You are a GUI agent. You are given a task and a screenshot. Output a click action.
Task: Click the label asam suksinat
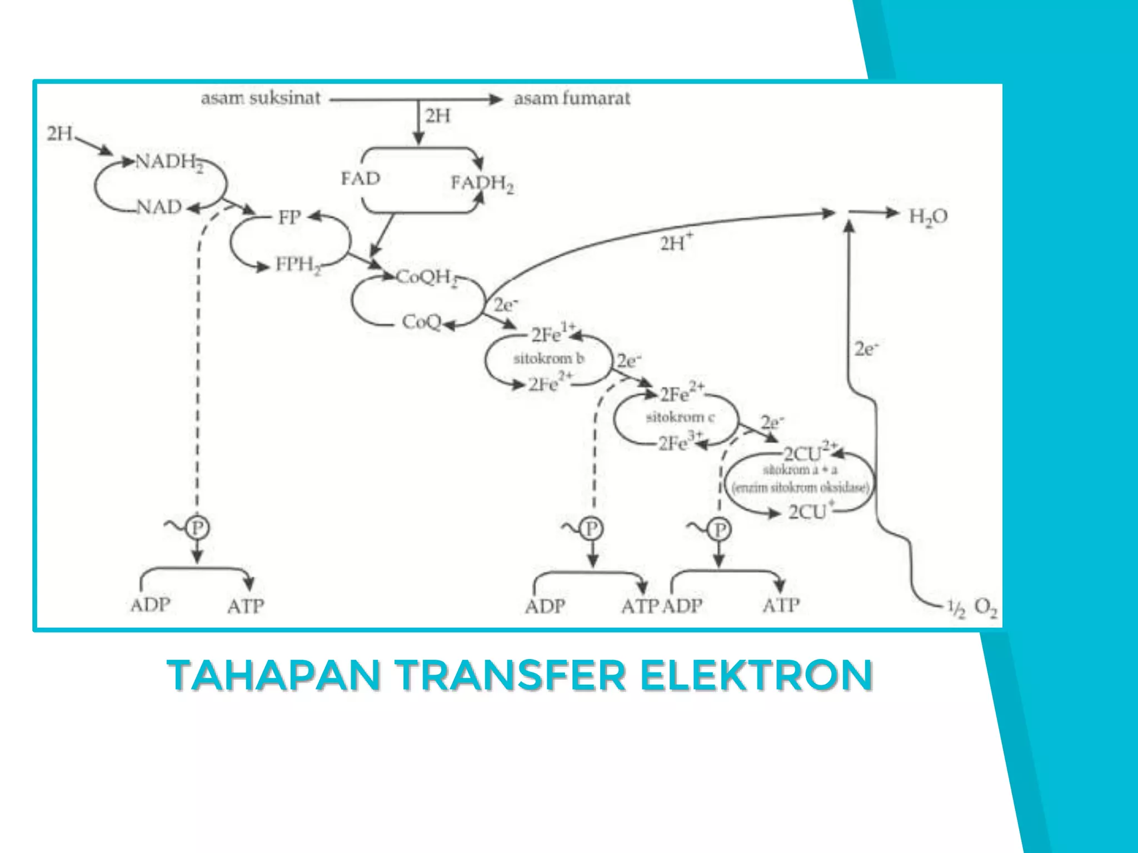click(x=261, y=99)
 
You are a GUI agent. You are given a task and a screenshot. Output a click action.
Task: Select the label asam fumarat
click(x=572, y=99)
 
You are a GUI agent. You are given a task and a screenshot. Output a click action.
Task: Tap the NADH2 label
click(x=169, y=163)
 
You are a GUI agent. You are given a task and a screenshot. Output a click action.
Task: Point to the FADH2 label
click(x=482, y=183)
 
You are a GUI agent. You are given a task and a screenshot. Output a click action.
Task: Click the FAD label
click(x=361, y=179)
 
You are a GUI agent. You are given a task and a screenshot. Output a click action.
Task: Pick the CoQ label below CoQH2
click(x=421, y=322)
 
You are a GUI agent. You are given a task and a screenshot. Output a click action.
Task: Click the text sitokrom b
click(x=548, y=359)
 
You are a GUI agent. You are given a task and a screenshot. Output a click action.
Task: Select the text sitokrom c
click(x=680, y=417)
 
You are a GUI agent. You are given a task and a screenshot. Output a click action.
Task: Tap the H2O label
click(x=927, y=217)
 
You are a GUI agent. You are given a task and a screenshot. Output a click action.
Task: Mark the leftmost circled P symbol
click(x=197, y=528)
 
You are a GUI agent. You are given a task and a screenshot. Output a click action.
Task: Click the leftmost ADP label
click(x=151, y=605)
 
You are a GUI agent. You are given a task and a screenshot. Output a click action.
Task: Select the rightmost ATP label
click(x=781, y=605)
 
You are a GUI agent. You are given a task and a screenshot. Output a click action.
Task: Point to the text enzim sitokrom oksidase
click(x=800, y=488)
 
